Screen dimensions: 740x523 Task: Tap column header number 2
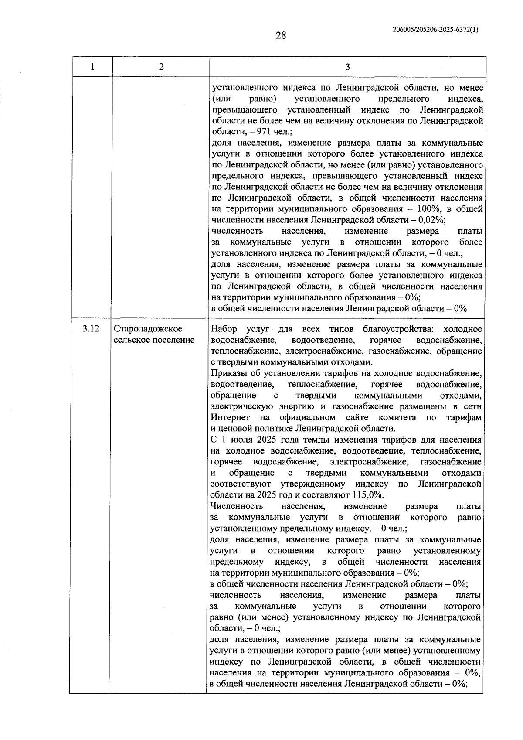(x=161, y=67)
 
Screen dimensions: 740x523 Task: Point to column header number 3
(x=347, y=67)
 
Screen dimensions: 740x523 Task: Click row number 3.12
(x=91, y=329)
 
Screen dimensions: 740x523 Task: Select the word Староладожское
(x=148, y=329)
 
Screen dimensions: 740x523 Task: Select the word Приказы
(x=227, y=373)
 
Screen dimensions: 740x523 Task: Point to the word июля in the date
(x=247, y=440)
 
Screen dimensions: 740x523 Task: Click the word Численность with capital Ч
(x=237, y=506)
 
